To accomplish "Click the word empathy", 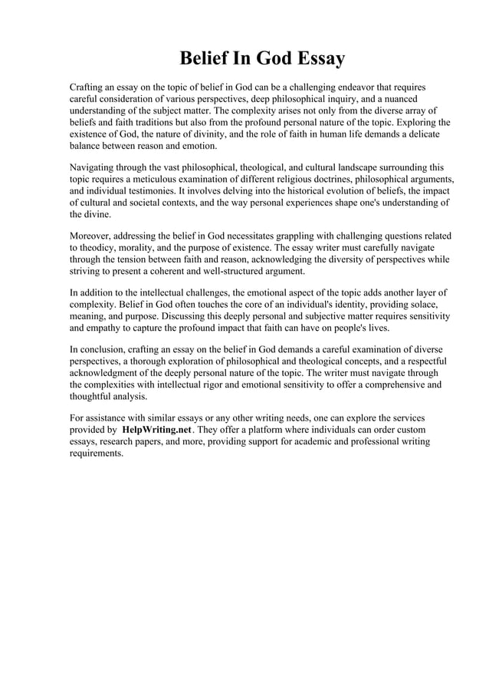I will click(x=105, y=328).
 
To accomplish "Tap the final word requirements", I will click(x=96, y=454).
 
